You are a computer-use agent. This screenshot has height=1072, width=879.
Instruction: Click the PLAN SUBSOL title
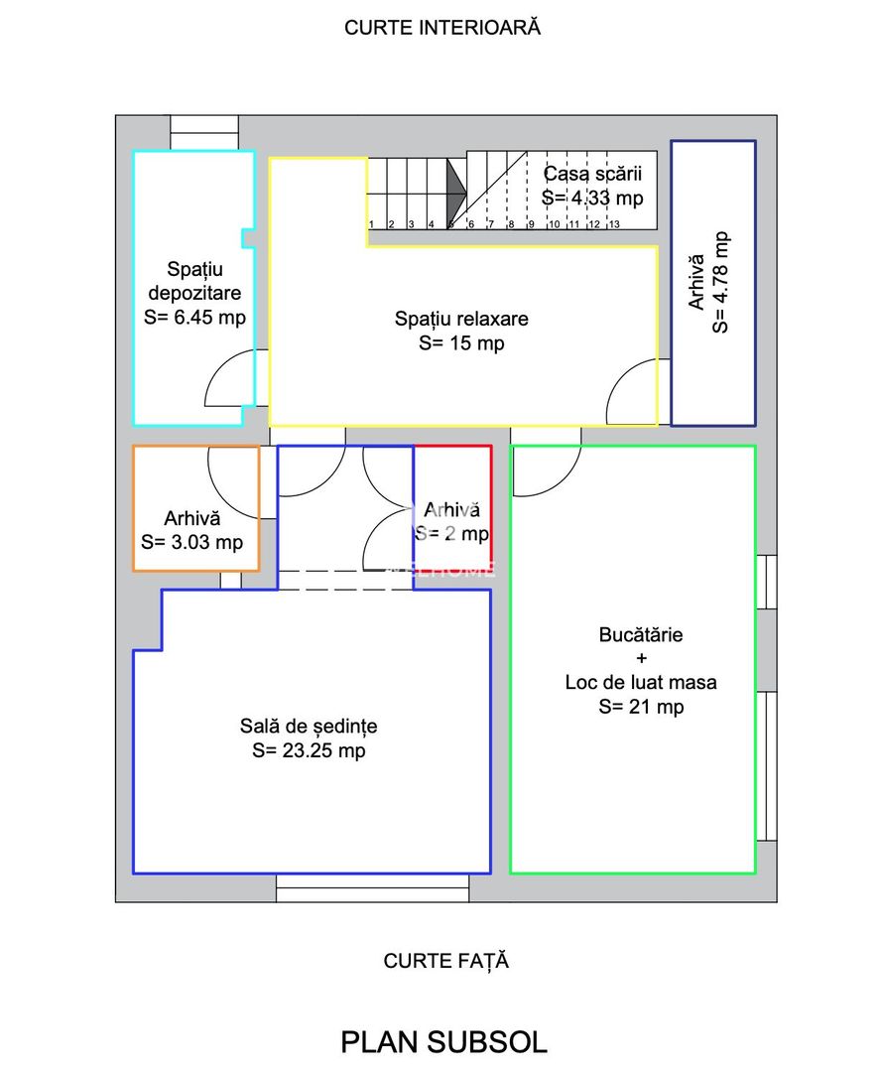tap(444, 1042)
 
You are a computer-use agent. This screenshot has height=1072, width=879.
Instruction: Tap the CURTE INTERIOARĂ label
tap(442, 27)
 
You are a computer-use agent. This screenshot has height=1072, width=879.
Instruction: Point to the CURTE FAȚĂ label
tap(445, 961)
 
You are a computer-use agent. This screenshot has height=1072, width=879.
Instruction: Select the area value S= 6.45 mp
tap(194, 318)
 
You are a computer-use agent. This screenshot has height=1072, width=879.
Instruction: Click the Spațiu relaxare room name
tap(461, 319)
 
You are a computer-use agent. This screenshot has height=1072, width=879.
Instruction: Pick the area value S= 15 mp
tap(461, 343)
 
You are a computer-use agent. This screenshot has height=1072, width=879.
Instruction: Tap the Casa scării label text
tap(592, 174)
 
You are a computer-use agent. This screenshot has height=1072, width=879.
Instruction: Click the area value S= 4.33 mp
tap(592, 199)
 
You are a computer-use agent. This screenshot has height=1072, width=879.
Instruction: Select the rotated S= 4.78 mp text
tap(720, 282)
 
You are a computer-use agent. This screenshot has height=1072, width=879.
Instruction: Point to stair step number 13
tap(614, 224)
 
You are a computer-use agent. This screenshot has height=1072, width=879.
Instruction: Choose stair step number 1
tap(371, 224)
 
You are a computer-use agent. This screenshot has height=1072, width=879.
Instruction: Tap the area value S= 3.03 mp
tap(192, 543)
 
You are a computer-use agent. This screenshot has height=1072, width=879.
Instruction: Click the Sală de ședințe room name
tap(309, 726)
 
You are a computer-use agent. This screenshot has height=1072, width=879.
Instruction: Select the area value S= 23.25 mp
tap(309, 750)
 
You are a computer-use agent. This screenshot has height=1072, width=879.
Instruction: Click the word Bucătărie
tap(641, 635)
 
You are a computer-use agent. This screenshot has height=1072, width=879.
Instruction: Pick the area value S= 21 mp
tap(641, 707)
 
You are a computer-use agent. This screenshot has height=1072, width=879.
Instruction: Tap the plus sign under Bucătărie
tap(641, 659)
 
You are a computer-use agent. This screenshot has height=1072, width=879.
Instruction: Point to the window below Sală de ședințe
tap(372, 888)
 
